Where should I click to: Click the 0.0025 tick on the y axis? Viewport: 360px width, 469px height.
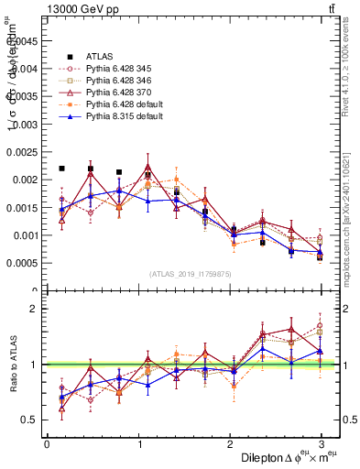(x=22, y=152)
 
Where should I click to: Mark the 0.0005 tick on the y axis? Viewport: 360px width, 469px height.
(x=22, y=264)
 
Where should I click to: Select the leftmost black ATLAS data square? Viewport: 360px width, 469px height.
(x=61, y=169)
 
